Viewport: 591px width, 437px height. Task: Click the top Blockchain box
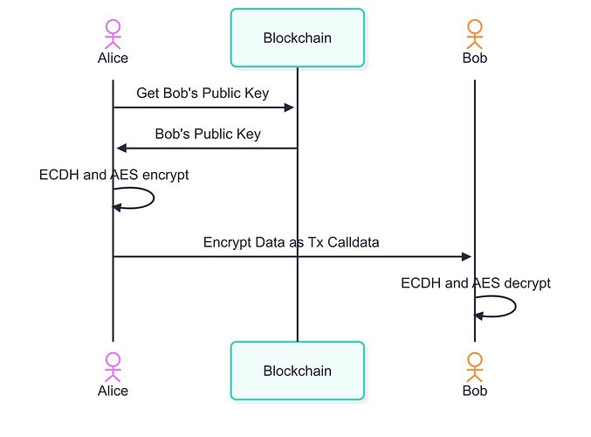pyautogui.click(x=297, y=38)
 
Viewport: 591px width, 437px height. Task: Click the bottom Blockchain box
pyautogui.click(x=297, y=371)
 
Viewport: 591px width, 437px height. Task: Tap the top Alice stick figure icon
pyautogui.click(x=113, y=32)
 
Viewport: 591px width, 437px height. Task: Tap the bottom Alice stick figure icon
pyautogui.click(x=113, y=364)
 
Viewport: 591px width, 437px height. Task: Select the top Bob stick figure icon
pyautogui.click(x=475, y=32)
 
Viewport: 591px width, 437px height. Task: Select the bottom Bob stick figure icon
pyautogui.click(x=475, y=364)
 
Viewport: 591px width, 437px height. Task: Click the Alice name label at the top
pyautogui.click(x=113, y=59)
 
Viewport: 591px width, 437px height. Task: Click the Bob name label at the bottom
pyautogui.click(x=475, y=391)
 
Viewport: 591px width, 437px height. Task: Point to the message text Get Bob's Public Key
pyautogui.click(x=203, y=93)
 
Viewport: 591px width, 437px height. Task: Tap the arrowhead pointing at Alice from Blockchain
pyautogui.click(x=120, y=149)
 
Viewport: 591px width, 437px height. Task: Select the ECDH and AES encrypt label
pyautogui.click(x=113, y=175)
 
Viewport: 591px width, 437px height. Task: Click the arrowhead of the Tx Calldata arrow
pyautogui.click(x=466, y=257)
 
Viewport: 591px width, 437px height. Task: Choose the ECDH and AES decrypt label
pyautogui.click(x=476, y=283)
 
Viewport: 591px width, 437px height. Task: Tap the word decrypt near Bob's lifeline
pyautogui.click(x=526, y=283)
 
